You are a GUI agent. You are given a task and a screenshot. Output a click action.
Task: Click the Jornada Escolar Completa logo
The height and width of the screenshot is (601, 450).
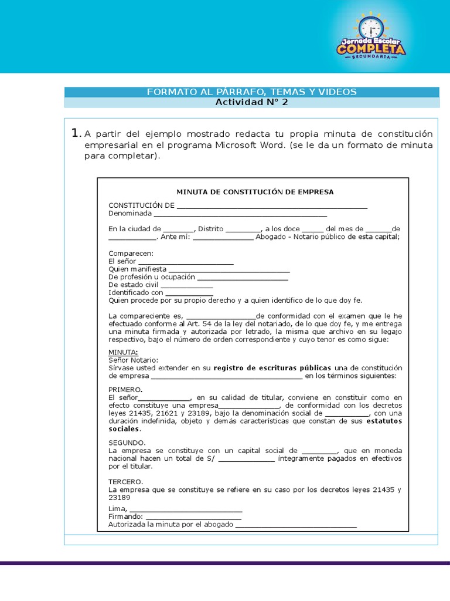coord(370,37)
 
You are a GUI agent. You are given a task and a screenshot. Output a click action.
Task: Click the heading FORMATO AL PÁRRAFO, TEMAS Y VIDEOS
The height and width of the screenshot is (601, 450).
coord(251,92)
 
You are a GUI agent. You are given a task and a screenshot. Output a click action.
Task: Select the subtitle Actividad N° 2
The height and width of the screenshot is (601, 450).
coord(251,102)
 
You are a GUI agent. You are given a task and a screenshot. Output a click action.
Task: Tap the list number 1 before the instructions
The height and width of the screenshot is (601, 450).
coord(75,133)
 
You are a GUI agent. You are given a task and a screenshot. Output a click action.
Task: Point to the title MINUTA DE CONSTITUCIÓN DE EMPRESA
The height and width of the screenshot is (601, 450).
coord(255,192)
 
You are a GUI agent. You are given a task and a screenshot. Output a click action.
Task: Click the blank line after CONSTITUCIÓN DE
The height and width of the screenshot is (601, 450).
coord(272,205)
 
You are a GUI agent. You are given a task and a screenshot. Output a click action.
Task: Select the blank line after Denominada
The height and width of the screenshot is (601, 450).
coord(240,214)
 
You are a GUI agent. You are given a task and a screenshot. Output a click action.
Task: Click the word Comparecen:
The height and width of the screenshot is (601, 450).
coord(131,253)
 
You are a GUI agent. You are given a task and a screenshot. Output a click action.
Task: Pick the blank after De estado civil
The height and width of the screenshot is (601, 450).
coord(187,285)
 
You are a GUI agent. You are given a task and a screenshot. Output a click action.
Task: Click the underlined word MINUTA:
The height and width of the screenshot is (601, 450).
coord(123,352)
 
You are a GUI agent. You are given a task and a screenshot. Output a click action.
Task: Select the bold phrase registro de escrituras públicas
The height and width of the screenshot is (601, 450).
coord(272,368)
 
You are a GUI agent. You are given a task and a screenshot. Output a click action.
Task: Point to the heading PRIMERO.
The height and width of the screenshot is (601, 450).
coord(125,390)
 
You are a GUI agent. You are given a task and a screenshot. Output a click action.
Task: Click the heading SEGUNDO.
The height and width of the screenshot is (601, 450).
coord(127,443)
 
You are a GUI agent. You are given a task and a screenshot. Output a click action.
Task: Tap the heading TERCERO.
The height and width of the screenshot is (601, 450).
coord(125,481)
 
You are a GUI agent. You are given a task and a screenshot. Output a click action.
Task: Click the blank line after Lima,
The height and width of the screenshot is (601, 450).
coord(186,508)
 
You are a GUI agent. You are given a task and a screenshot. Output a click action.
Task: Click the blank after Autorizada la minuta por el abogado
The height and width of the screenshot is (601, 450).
coord(296,525)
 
